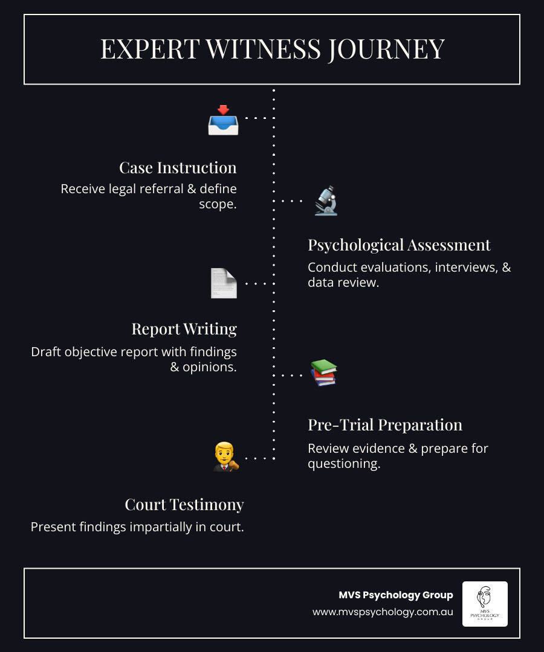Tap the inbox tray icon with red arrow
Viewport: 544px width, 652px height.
click(x=223, y=120)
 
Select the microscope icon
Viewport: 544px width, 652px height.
click(x=326, y=201)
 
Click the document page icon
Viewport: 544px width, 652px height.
click(x=224, y=283)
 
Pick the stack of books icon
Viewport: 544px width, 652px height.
click(x=323, y=372)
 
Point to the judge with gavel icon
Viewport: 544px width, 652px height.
click(x=225, y=457)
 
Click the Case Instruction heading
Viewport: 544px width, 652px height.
click(x=178, y=167)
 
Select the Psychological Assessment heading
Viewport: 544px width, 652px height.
click(x=399, y=245)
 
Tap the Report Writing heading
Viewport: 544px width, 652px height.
click(x=184, y=328)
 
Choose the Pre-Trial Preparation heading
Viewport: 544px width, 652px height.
click(x=385, y=424)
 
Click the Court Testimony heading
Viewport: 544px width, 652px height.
click(x=184, y=504)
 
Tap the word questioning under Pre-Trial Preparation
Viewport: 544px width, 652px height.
click(x=344, y=464)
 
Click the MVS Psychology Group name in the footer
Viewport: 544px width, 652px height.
click(x=395, y=595)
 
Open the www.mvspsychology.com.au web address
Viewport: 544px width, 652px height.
click(x=383, y=612)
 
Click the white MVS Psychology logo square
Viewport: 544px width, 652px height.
click(x=485, y=604)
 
